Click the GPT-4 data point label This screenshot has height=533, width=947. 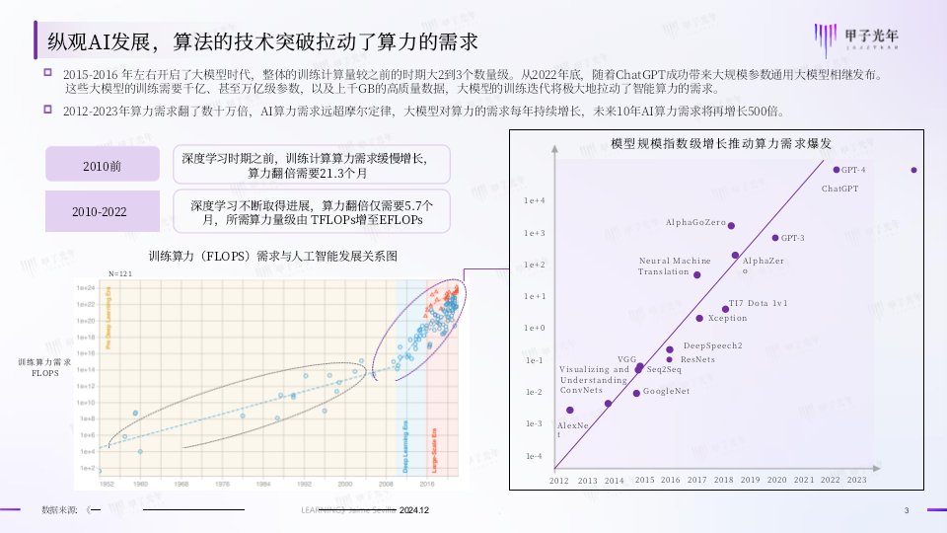point(853,171)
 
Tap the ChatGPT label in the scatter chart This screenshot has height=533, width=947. point(840,188)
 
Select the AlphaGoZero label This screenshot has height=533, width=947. point(693,224)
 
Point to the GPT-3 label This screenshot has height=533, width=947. point(792,238)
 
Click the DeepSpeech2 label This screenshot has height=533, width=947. point(712,345)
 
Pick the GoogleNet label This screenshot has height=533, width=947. point(665,391)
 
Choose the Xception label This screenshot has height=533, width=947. point(728,318)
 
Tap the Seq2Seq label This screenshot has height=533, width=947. point(664,369)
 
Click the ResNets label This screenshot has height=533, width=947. point(697,359)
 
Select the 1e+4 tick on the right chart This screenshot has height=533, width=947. point(534,200)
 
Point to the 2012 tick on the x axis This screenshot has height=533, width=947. point(559,480)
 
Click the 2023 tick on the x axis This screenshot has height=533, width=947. point(856,480)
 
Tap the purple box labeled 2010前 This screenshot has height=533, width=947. point(102,164)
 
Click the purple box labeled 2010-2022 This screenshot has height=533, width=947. point(102,211)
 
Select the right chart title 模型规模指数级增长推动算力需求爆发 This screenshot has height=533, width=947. point(722,143)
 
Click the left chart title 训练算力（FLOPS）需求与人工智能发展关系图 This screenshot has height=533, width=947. point(272,256)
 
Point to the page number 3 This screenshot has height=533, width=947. point(906,509)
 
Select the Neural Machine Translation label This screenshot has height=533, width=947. point(675,266)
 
